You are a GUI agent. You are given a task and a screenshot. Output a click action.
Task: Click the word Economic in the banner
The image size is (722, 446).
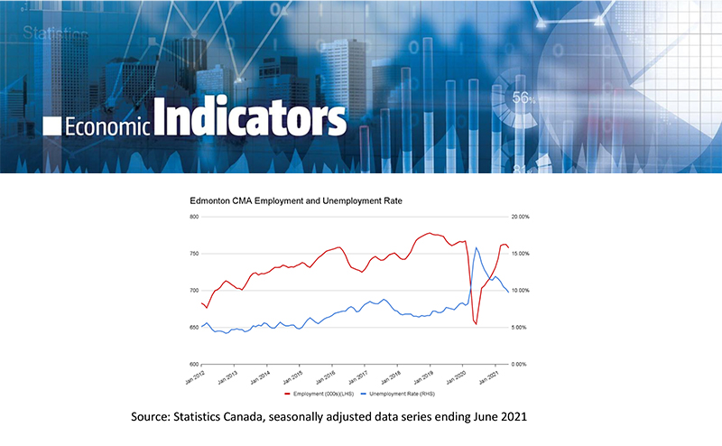coord(107,125)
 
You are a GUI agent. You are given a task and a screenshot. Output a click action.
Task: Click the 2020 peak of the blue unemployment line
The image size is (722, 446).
coord(476,247)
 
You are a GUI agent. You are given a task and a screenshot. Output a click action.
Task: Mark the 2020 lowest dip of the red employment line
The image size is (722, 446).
coord(476,325)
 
